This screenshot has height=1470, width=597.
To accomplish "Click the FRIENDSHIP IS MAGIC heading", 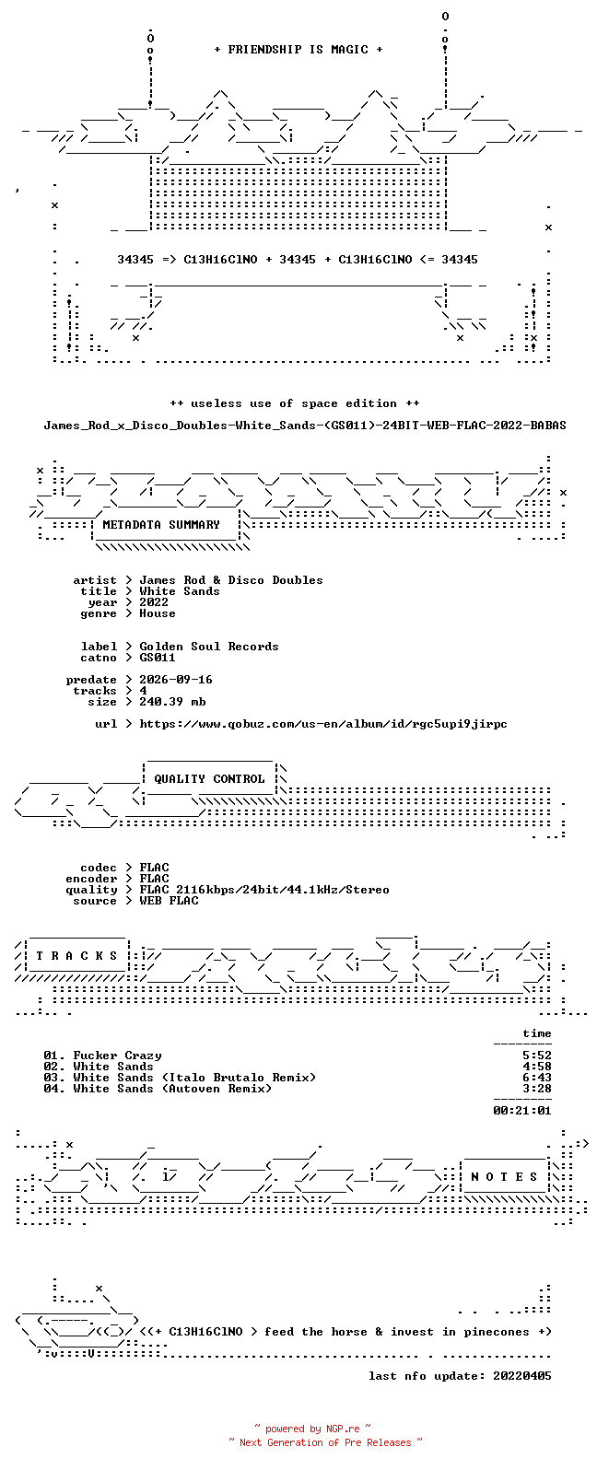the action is tap(298, 49).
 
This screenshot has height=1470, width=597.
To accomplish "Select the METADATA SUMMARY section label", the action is tap(161, 525).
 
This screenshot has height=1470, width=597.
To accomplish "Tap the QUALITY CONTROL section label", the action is tap(209, 779).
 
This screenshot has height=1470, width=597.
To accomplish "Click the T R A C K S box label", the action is tap(76, 955).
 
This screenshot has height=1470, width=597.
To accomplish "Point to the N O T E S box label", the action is tap(504, 1177).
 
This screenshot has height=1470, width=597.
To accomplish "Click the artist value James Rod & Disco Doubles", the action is tap(231, 580).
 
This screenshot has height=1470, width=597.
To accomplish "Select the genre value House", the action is tap(158, 613).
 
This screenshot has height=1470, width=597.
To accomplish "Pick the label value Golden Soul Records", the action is tap(209, 647).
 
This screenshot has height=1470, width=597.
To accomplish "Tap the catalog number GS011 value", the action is tap(158, 658).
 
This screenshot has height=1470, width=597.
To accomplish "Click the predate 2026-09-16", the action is tap(176, 680).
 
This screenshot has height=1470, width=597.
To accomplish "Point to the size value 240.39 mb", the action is tap(172, 702).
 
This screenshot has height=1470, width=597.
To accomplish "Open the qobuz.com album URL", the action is tap(323, 724).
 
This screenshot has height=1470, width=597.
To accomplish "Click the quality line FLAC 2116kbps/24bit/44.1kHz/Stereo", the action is tap(264, 890).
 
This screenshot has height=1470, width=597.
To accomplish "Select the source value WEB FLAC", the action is tap(169, 901).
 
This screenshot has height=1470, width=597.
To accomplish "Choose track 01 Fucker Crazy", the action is tap(102, 1056).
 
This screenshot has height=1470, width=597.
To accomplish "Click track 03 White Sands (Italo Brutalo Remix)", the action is tap(180, 1078).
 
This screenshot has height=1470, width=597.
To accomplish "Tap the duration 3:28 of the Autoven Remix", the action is tap(537, 1089).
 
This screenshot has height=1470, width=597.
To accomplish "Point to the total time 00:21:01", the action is tap(522, 1111).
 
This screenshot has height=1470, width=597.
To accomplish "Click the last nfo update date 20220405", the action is tap(522, 1375).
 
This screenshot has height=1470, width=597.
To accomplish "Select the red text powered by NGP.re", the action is tap(312, 1429).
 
